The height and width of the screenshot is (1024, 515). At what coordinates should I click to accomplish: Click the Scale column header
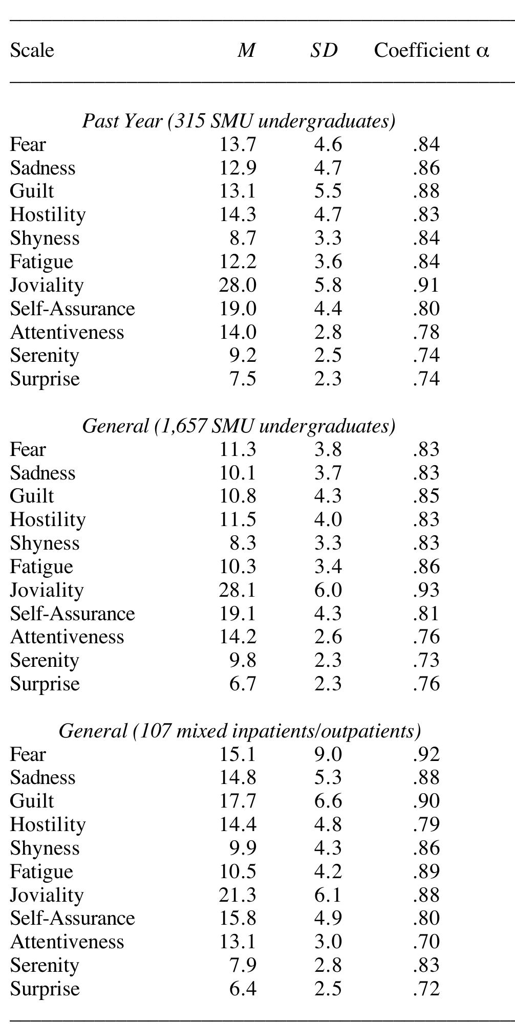tap(32, 50)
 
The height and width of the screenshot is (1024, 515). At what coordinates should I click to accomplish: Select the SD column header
tap(324, 50)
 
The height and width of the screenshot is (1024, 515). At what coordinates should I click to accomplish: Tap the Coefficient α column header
tap(432, 50)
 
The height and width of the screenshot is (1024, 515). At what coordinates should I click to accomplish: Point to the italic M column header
tap(246, 50)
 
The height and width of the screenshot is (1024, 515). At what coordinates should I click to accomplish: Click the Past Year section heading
tap(239, 121)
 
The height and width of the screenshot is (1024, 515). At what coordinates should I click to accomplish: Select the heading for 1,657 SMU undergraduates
tap(239, 426)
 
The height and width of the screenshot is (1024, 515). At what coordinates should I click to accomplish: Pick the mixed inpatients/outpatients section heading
tap(240, 731)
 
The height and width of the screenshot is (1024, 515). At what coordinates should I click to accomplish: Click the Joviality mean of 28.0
tap(238, 285)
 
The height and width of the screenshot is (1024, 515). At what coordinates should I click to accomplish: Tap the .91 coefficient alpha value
tap(426, 285)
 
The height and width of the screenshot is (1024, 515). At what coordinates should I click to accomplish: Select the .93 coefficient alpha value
tap(426, 590)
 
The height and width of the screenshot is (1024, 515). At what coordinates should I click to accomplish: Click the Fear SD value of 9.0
tap(328, 754)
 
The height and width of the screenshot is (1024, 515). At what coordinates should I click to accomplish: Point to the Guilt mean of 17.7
tap(238, 801)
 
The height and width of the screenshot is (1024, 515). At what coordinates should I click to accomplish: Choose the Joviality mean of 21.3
tap(238, 895)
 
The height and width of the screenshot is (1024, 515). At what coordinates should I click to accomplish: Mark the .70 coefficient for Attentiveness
tap(426, 942)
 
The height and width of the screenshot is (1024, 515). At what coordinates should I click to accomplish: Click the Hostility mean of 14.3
tap(238, 214)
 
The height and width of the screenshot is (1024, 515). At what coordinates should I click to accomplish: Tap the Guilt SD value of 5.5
tap(328, 191)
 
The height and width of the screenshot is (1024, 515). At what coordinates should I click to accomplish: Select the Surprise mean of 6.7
tap(243, 684)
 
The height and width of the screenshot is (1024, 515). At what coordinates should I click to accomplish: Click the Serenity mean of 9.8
tap(243, 660)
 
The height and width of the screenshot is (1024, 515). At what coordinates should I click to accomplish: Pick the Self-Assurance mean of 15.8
tap(238, 918)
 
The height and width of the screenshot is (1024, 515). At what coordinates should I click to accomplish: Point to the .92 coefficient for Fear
tap(426, 754)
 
